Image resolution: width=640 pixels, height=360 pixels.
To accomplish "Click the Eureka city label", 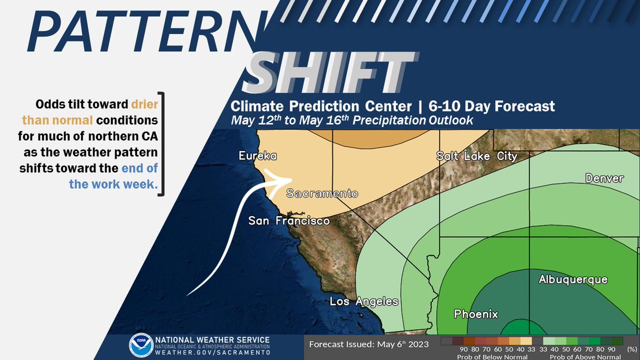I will pyautogui.click(x=258, y=156).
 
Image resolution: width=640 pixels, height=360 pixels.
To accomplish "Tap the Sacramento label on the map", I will pyautogui.click(x=322, y=194).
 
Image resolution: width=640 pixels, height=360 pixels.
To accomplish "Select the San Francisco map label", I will pyautogui.click(x=289, y=220).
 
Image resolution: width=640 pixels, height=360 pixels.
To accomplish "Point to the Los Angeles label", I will pyautogui.click(x=364, y=301).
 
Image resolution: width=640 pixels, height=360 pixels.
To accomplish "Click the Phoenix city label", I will pyautogui.click(x=476, y=314).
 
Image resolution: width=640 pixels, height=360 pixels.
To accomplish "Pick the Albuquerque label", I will pyautogui.click(x=573, y=279).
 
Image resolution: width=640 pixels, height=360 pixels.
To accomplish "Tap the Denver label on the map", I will pyautogui.click(x=604, y=178).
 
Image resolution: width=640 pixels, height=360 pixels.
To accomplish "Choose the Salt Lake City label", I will pyautogui.click(x=476, y=156).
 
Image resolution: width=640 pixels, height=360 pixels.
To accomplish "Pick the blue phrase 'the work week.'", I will pyautogui.click(x=116, y=185).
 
